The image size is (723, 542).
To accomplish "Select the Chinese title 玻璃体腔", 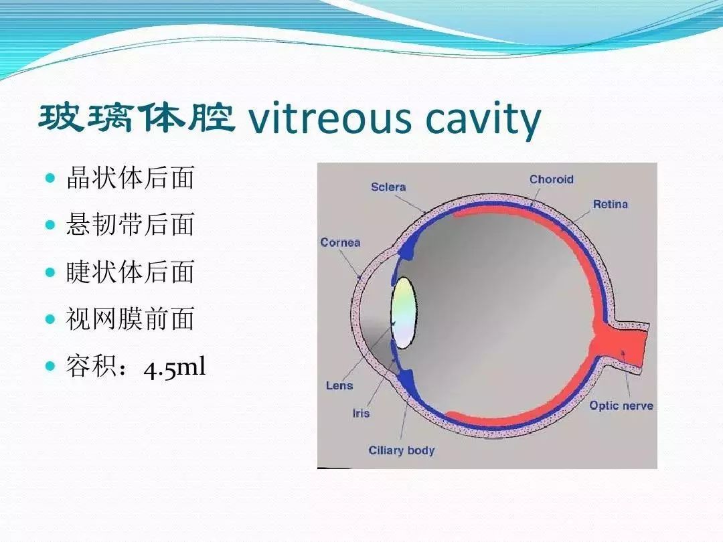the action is [137, 118].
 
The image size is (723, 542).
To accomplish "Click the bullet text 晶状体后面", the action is [130, 178].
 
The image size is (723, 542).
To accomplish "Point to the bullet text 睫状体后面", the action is [130, 272].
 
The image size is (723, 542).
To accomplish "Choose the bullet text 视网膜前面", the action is [130, 319].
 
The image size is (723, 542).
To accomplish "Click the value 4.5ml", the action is [174, 369].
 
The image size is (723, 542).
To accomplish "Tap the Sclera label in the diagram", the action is [388, 187].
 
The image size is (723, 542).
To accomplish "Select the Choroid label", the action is [552, 179].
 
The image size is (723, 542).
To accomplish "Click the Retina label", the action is [611, 204].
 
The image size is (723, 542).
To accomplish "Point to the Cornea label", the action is [340, 242].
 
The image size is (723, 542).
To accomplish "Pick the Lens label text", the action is [339, 385].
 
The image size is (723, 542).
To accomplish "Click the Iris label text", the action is [361, 413].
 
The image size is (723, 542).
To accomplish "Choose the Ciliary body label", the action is [402, 450].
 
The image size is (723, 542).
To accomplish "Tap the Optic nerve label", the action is [621, 406].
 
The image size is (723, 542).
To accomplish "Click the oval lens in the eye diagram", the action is [404, 312].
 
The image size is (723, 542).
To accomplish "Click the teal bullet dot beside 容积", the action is [50, 367].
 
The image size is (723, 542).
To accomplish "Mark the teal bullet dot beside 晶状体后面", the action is [50, 179].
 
